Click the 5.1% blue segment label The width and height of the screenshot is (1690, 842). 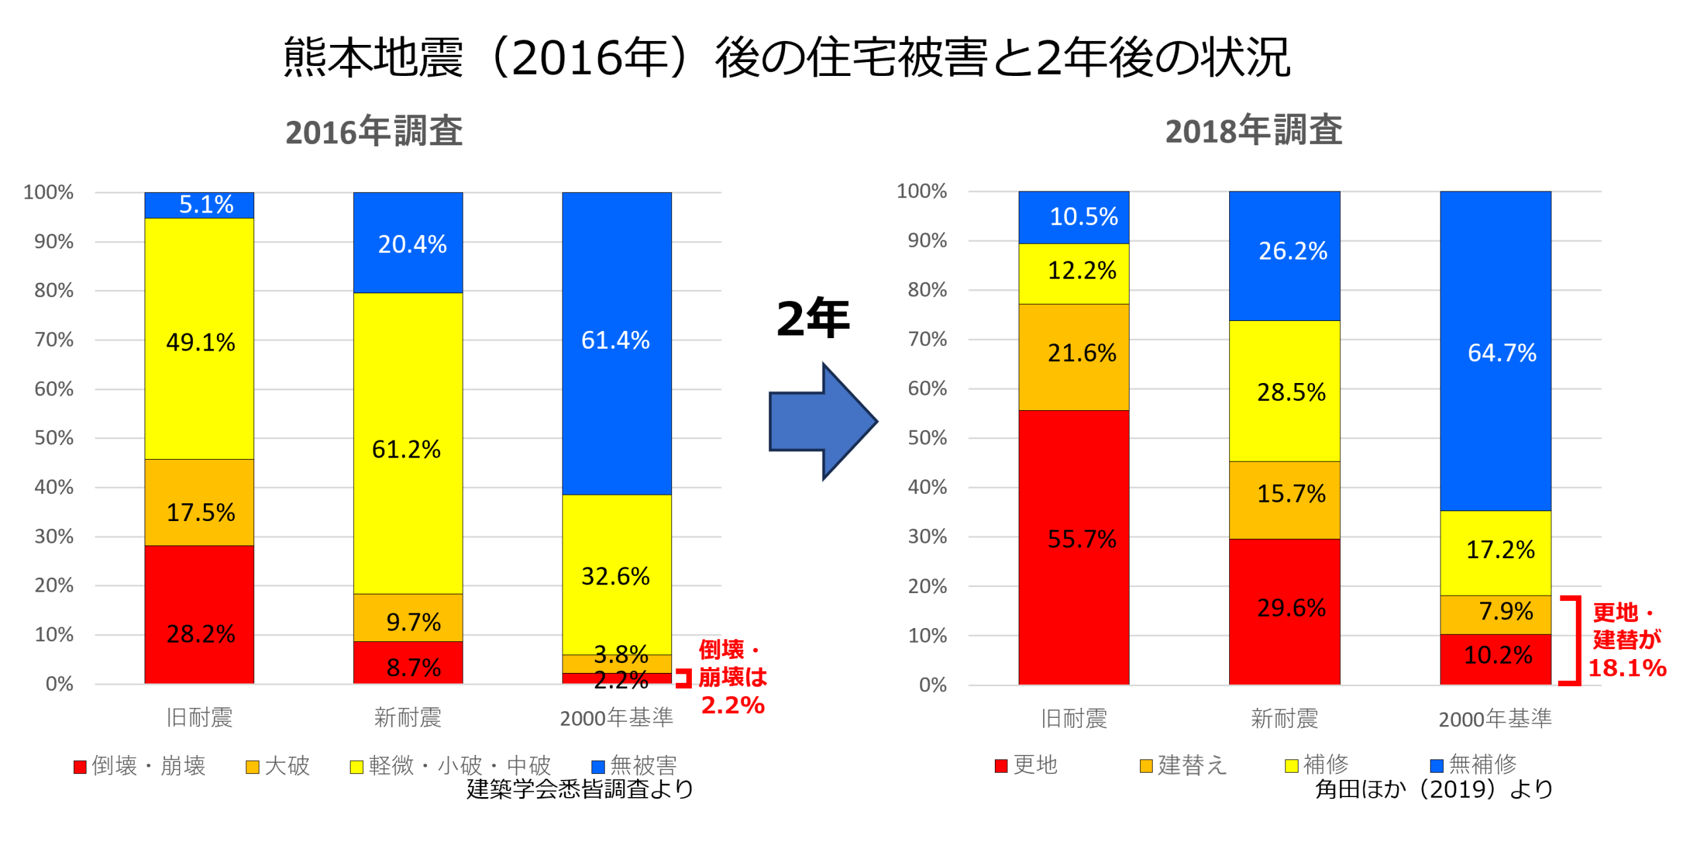pos(206,205)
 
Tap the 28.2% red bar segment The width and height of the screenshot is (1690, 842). pos(199,614)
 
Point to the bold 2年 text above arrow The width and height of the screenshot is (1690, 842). pos(813,318)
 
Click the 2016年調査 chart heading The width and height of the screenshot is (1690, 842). pos(374,131)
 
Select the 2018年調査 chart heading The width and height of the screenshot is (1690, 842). pos(1253,129)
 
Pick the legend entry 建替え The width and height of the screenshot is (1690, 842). pos(1183,765)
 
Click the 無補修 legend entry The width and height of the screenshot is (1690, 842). pos(1473,765)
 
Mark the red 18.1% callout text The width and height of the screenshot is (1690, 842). pos(1627,668)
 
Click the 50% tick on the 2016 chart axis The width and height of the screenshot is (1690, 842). pos(54,438)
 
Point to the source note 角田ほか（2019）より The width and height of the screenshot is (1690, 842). pos(1434,789)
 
